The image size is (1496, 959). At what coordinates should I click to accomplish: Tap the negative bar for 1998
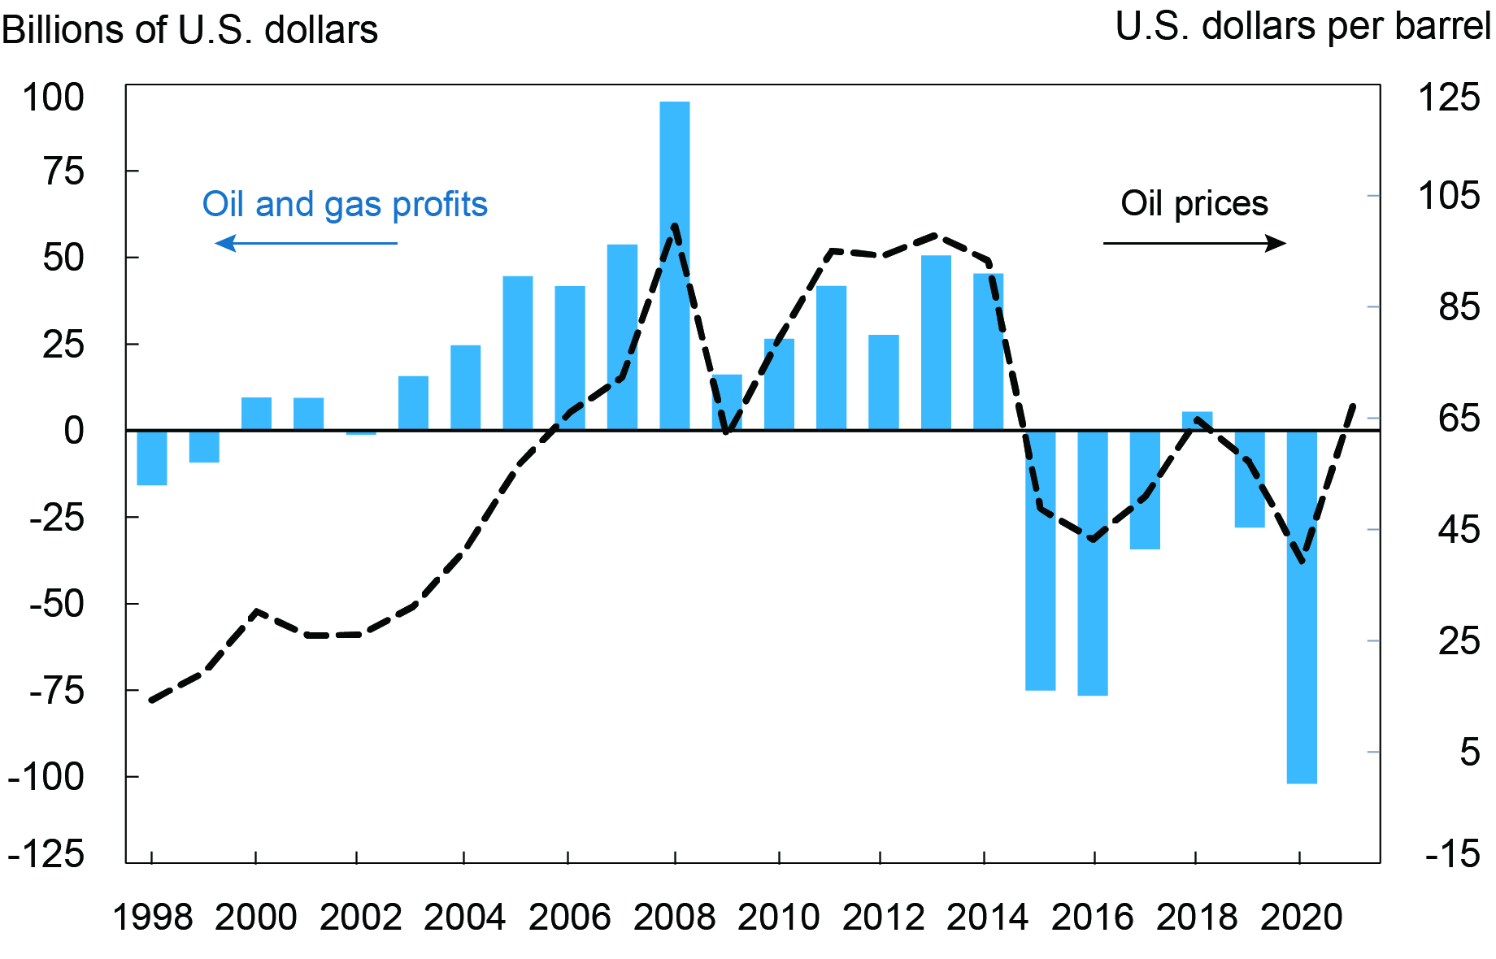point(152,458)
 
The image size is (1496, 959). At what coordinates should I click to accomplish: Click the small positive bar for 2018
point(1197,421)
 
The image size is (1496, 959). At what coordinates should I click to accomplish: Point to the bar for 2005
point(518,353)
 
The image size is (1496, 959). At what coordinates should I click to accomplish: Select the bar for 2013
point(936,342)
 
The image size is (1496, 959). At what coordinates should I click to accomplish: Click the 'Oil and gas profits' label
point(345,204)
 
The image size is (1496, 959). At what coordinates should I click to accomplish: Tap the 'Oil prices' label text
point(1194,203)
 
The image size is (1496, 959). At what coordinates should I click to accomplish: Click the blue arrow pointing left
point(306,243)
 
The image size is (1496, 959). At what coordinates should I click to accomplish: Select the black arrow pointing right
point(1194,243)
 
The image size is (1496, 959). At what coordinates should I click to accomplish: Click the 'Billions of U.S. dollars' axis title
point(189,30)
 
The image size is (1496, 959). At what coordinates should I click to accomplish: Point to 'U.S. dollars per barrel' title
point(1302,27)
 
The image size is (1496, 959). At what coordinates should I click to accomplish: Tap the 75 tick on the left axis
point(63,171)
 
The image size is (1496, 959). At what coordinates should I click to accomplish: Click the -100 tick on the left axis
point(46,777)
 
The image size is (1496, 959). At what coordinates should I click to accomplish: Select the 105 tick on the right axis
point(1449,196)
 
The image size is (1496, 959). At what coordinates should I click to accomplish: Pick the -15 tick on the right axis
point(1452,855)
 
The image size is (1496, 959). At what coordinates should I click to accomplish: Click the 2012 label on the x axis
point(883,918)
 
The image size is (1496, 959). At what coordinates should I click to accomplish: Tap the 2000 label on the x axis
point(256,918)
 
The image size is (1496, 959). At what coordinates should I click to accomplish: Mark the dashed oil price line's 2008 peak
point(675,226)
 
